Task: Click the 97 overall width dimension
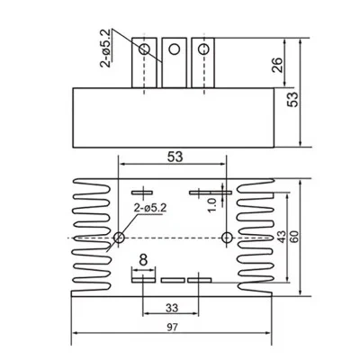click(x=173, y=327)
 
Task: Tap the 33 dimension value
click(x=172, y=308)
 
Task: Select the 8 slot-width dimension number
click(x=144, y=260)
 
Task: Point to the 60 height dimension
click(x=294, y=237)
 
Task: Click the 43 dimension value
click(x=282, y=237)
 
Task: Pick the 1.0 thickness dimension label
click(x=212, y=205)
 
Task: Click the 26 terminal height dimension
click(x=277, y=65)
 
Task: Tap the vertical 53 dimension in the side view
click(x=292, y=99)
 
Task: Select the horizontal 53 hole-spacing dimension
click(x=175, y=157)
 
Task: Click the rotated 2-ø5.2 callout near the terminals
click(x=107, y=49)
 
